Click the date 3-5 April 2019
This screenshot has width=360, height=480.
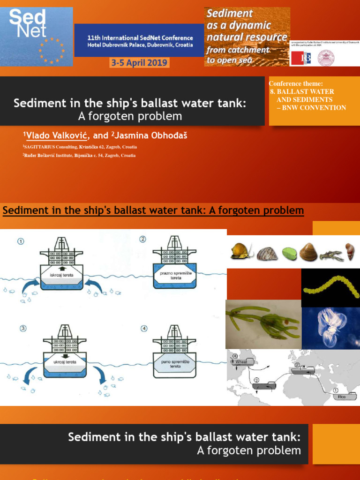click(139, 63)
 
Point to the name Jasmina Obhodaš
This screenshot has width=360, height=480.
click(145, 135)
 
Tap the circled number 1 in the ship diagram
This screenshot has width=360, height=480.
click(20, 241)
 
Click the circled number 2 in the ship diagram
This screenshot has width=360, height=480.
click(142, 240)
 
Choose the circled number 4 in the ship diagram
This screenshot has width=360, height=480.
click(144, 328)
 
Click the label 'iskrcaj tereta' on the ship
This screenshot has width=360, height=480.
click(61, 275)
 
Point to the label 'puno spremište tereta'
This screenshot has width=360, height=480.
click(174, 364)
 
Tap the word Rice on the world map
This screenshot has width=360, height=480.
click(341, 397)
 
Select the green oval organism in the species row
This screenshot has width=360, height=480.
click(289, 255)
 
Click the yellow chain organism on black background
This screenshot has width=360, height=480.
click(330, 287)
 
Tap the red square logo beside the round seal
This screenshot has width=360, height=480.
click(300, 58)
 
